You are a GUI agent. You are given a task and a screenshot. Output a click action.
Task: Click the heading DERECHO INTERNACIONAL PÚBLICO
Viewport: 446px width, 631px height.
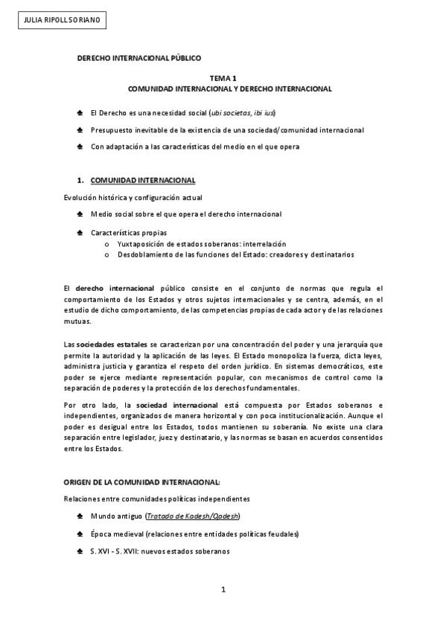pos(139,57)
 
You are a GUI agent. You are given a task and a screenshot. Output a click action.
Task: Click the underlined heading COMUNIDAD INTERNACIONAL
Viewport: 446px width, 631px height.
pos(143,180)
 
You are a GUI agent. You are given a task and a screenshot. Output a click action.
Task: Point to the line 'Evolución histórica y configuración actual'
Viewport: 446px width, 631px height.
pos(133,198)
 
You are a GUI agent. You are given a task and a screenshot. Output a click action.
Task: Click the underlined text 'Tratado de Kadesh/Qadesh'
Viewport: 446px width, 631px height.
pos(194,516)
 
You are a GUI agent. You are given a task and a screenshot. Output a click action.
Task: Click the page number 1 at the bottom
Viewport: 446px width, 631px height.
pos(223,590)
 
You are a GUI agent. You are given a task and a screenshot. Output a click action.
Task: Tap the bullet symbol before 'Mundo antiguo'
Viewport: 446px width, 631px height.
pos(80,516)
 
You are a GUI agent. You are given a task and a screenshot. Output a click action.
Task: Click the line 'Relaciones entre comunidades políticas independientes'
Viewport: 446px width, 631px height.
pos(156,498)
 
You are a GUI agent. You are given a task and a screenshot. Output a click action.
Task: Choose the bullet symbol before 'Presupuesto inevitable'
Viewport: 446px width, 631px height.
pos(80,129)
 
